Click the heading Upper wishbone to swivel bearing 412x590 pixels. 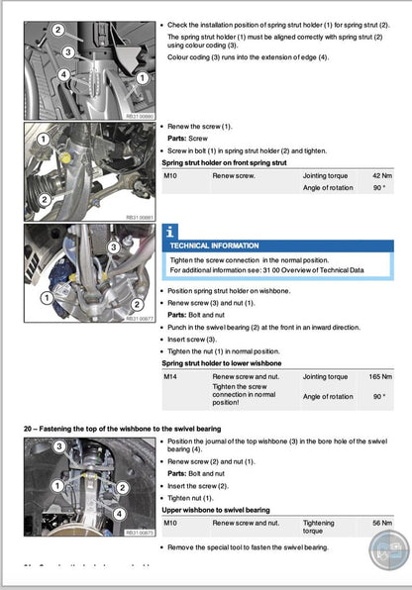point(222,509)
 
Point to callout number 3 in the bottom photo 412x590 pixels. point(58,447)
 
